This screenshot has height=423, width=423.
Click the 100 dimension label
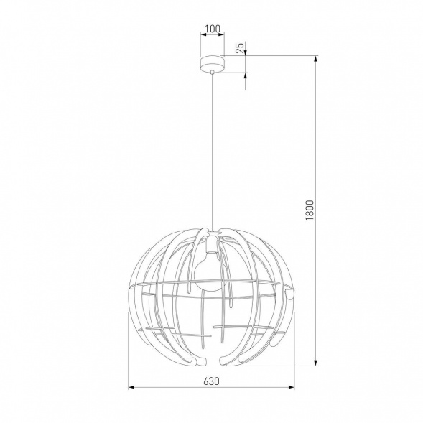pos(211,30)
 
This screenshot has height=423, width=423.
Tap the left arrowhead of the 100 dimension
pos(203,38)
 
